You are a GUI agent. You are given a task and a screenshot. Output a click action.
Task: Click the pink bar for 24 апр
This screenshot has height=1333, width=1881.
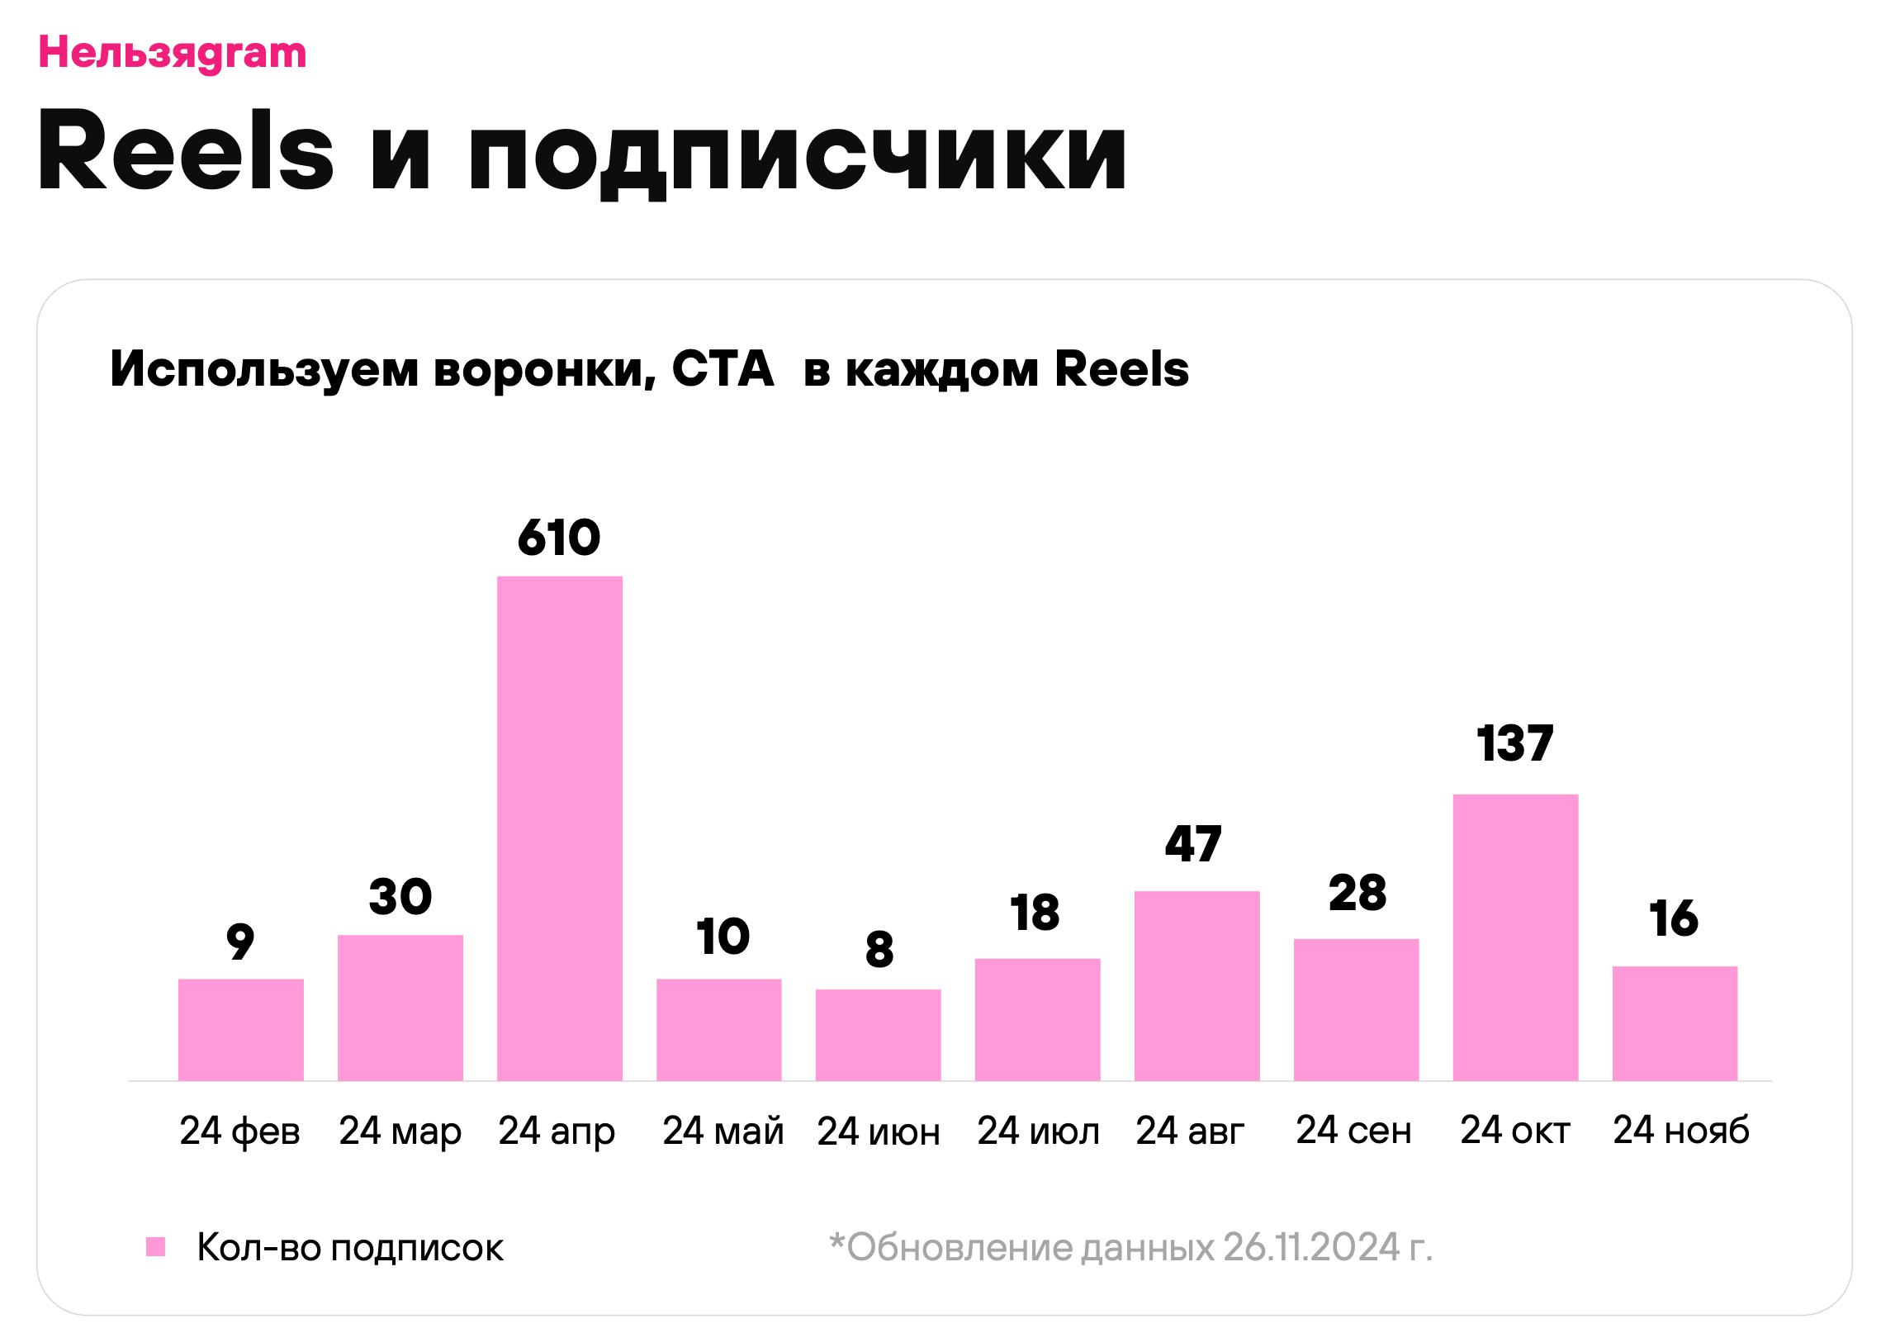(559, 828)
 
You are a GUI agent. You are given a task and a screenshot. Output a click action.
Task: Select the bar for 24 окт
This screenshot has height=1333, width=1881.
(1514, 937)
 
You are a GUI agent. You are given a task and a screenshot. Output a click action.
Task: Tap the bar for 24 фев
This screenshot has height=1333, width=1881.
(240, 1029)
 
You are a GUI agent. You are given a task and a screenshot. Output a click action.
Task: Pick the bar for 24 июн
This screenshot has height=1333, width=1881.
(878, 1034)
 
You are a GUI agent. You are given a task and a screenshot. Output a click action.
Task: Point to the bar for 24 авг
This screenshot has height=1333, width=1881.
(1196, 985)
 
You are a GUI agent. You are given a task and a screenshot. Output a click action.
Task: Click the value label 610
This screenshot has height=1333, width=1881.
(559, 538)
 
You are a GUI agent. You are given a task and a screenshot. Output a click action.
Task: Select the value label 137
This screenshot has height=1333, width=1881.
(1514, 743)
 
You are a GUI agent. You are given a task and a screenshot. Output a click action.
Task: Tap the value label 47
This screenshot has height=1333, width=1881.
(1193, 844)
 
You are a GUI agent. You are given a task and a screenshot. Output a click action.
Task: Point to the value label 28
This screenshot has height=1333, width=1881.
(1357, 893)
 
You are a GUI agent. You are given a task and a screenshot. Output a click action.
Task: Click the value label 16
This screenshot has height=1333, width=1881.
(1674, 918)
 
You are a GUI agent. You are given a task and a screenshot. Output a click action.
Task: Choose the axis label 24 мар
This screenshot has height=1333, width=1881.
(400, 1131)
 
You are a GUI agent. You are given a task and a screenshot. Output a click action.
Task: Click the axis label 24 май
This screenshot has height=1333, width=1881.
(723, 1131)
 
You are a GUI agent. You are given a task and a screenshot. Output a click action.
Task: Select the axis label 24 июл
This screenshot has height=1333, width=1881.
(1038, 1131)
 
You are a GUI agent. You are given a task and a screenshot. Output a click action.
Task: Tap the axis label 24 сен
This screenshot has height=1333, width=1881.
(1353, 1130)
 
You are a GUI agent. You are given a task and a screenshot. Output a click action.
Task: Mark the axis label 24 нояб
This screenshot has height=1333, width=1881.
(1680, 1130)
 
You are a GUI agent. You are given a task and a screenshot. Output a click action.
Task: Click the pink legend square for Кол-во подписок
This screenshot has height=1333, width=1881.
(155, 1246)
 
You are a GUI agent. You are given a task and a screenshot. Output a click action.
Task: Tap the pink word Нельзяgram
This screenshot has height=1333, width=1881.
(173, 54)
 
